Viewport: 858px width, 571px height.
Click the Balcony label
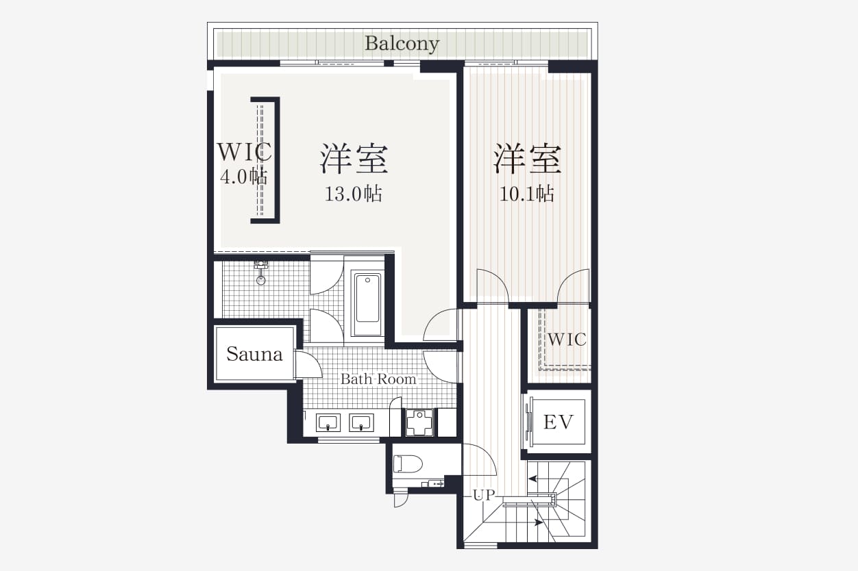(x=402, y=44)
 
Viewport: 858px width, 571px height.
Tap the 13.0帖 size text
(x=353, y=194)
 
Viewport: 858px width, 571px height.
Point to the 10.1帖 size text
(x=526, y=194)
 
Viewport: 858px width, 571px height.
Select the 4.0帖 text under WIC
(x=243, y=177)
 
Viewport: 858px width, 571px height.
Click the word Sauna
(x=254, y=355)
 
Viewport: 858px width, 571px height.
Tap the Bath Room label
(x=378, y=379)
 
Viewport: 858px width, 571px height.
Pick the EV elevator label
(x=558, y=422)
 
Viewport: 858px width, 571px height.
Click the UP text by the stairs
(x=484, y=495)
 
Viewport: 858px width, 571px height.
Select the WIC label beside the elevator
(x=567, y=339)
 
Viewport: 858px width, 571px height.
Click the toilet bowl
(x=408, y=464)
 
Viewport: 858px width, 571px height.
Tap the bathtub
(x=367, y=304)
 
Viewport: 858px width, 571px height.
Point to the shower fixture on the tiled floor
(x=260, y=272)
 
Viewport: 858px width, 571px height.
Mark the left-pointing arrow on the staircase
(x=537, y=481)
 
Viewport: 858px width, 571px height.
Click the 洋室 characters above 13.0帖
(x=354, y=160)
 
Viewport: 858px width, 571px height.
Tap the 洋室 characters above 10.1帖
(x=527, y=160)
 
